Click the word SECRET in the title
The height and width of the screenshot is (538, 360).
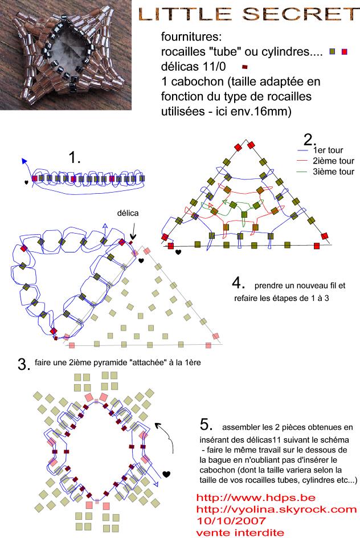click(300, 14)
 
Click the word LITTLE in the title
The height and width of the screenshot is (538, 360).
click(185, 14)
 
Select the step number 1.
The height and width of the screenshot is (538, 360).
click(75, 157)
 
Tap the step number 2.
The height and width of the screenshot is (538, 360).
click(310, 140)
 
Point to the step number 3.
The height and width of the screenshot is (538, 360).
click(24, 364)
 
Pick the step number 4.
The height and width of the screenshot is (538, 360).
click(238, 283)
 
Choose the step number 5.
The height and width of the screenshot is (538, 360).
click(206, 425)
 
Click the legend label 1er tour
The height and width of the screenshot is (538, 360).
click(328, 150)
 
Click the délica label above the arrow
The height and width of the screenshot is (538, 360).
click(128, 213)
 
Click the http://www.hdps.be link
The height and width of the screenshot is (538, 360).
click(256, 498)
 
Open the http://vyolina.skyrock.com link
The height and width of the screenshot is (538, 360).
click(277, 509)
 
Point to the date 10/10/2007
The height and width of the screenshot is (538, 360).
click(231, 521)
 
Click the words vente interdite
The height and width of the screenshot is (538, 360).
click(240, 532)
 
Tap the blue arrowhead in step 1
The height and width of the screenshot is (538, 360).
click(24, 161)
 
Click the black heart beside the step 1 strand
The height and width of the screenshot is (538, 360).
click(26, 182)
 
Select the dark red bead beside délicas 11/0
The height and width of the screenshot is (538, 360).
click(245, 67)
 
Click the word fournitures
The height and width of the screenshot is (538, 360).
click(191, 36)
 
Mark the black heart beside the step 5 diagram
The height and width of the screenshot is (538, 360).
click(166, 474)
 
